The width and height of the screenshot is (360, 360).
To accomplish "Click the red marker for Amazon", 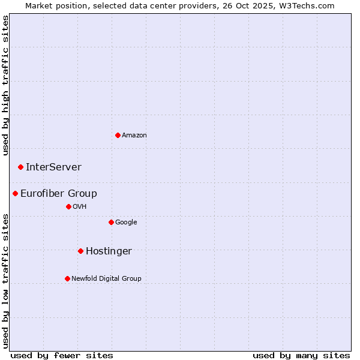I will [118, 135].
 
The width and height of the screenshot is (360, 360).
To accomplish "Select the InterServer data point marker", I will [20, 167].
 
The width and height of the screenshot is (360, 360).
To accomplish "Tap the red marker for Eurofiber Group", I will [15, 193].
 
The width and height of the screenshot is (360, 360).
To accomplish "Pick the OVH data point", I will [68, 206].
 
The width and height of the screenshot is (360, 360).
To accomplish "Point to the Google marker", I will [111, 222].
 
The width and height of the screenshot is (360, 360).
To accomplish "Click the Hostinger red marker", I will [80, 251].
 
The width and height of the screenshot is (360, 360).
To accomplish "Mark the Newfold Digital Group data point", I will [67, 278].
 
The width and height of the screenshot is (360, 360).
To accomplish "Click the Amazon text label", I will [134, 135].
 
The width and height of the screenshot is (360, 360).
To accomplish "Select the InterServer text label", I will [53, 167].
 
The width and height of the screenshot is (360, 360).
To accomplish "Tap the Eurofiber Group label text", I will [59, 193].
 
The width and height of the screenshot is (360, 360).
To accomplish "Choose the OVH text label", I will [80, 206].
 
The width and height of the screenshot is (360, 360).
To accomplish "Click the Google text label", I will [126, 222].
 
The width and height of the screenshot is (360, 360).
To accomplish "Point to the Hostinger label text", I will [109, 251].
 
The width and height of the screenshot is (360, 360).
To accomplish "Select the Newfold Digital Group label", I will [106, 278].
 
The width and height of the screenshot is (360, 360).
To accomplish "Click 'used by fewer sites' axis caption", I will [62, 355].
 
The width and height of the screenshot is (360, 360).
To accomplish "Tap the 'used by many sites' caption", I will [301, 355].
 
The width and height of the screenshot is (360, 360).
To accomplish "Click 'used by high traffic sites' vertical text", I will [5, 86].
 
